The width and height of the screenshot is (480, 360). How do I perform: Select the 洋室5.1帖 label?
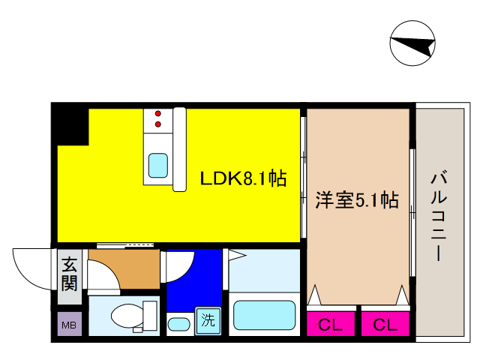click(x=356, y=200)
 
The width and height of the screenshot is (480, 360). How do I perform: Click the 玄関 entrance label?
click(x=69, y=274)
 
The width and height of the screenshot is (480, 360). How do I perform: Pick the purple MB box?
click(x=69, y=325)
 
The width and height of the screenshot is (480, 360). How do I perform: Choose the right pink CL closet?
click(x=384, y=325)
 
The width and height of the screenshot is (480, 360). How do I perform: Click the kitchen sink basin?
click(x=157, y=164)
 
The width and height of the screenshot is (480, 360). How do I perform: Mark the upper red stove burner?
click(x=157, y=113)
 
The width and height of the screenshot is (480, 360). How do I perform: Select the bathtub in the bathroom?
click(x=263, y=315)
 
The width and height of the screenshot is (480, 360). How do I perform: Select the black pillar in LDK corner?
click(x=71, y=124)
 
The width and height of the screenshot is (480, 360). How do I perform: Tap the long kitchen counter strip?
click(x=179, y=148)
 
